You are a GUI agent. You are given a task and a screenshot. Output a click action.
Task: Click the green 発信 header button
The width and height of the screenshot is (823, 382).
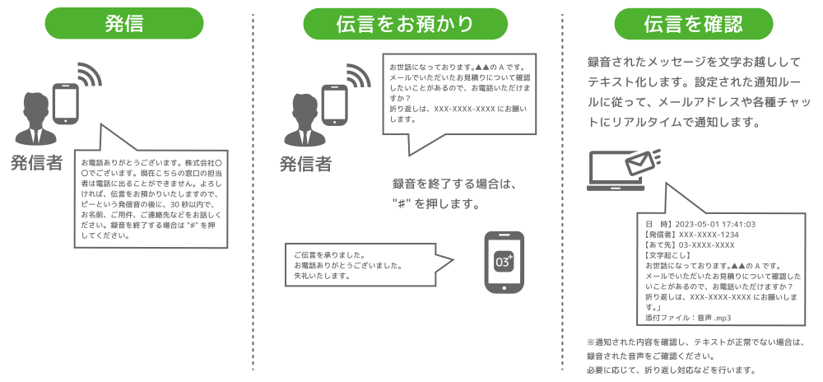(x=124, y=24)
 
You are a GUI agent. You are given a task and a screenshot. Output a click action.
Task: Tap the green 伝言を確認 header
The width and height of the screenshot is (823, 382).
(x=695, y=24)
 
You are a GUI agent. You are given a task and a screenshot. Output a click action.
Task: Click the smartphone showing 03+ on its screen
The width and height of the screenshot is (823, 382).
(x=503, y=261)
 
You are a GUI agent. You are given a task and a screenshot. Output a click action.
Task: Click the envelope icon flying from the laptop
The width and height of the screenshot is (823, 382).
(x=643, y=161)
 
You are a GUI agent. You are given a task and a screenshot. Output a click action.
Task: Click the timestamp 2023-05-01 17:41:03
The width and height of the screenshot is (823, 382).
(x=714, y=224)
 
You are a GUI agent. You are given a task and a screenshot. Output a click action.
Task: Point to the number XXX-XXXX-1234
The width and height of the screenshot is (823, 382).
(x=708, y=235)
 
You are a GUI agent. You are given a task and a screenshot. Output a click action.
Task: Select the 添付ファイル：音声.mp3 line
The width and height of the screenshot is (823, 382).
(x=688, y=317)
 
